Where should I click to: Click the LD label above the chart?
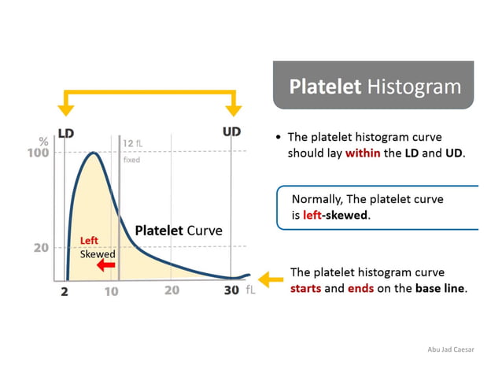[x=65, y=133]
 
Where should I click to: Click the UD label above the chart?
[x=231, y=131]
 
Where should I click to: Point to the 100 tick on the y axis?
[x=39, y=153]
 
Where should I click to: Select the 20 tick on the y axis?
[x=41, y=247]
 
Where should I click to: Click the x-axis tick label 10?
[x=111, y=291]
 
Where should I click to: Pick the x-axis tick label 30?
[x=231, y=290]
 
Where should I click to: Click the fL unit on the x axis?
[x=250, y=290]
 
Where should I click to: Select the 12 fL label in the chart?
[x=133, y=143]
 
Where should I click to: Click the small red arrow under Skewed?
[x=105, y=266]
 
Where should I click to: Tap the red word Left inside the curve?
[x=89, y=241]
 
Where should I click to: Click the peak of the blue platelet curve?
[x=94, y=153]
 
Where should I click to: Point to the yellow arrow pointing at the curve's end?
[x=271, y=279]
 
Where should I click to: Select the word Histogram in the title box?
[x=414, y=86]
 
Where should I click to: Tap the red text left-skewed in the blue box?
[x=336, y=215]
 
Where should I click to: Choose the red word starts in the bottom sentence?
[x=310, y=288]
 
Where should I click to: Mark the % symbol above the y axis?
[x=43, y=141]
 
